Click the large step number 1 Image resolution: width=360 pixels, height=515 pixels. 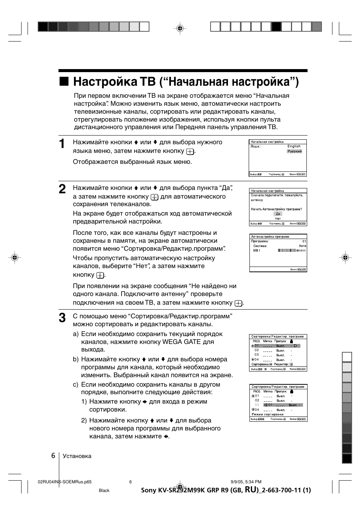[x=62, y=144]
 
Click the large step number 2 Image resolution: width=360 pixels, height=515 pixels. [x=62, y=189]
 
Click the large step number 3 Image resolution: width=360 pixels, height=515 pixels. [x=62, y=318]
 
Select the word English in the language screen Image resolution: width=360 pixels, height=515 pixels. [x=294, y=146]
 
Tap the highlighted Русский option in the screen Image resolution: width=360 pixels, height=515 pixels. [x=294, y=151]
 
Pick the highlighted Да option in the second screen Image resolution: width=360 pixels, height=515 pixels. [x=278, y=214]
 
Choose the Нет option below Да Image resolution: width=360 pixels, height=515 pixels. [x=278, y=219]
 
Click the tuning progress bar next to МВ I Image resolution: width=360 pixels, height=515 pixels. [x=292, y=250]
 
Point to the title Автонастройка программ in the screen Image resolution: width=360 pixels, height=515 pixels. [x=270, y=237]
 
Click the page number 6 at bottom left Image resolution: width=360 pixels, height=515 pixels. [x=53, y=455]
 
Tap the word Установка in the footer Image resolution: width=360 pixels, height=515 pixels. [x=77, y=456]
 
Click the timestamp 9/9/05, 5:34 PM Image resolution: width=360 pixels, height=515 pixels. [x=246, y=482]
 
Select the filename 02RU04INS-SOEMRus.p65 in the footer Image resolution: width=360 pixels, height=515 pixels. [x=65, y=482]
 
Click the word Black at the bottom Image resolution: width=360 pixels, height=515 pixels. [x=104, y=490]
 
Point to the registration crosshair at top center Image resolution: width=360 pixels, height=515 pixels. [x=180, y=28]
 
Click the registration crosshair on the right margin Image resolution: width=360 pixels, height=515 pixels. [x=345, y=258]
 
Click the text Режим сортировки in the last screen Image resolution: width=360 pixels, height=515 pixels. [x=267, y=414]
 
